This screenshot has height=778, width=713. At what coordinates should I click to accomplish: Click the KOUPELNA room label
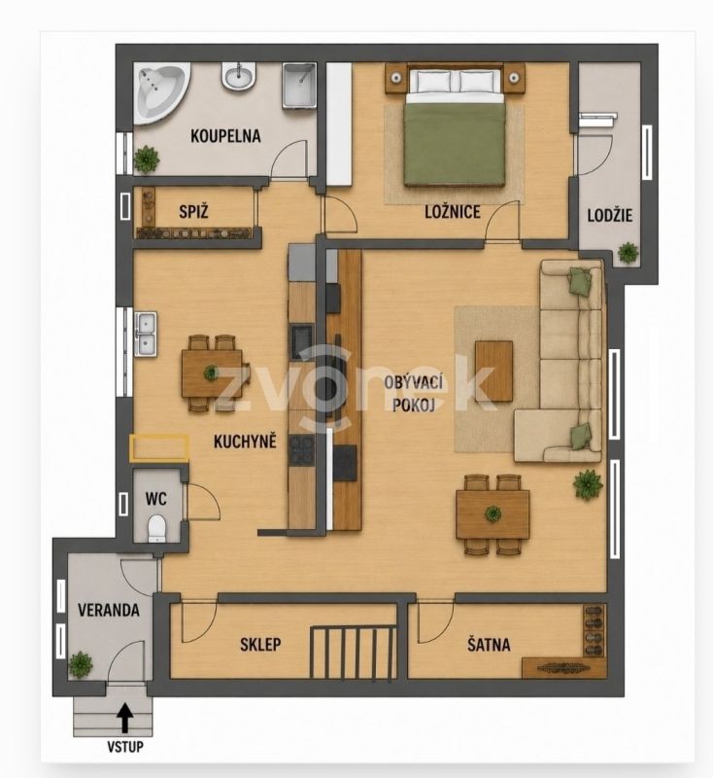(x=225, y=136)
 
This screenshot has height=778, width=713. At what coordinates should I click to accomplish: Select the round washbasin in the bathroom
(x=239, y=77)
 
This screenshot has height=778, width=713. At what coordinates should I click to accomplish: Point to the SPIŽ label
(x=193, y=212)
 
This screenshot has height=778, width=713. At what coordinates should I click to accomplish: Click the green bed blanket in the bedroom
(x=455, y=144)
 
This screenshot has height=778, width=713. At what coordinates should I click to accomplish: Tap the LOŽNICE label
(x=453, y=212)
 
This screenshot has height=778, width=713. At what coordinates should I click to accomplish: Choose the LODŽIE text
(x=609, y=215)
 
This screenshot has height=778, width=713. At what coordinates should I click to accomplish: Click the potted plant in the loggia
(x=628, y=253)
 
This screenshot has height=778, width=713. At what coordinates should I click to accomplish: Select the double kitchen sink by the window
(x=146, y=334)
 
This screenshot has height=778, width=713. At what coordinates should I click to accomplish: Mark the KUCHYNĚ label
(x=245, y=442)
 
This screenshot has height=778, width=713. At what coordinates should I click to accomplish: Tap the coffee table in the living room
(x=493, y=371)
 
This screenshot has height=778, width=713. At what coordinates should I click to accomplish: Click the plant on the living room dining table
(x=492, y=513)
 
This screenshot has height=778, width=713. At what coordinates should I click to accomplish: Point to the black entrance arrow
(x=125, y=718)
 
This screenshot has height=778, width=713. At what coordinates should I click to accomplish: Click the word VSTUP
(x=125, y=746)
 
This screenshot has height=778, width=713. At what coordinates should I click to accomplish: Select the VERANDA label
(x=109, y=610)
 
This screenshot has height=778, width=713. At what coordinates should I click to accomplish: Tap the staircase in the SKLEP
(x=354, y=652)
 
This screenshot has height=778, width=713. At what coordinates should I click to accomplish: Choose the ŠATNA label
(x=489, y=645)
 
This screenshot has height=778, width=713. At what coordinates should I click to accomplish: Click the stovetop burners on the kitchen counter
(x=301, y=449)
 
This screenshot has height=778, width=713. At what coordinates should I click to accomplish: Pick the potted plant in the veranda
(x=81, y=664)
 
